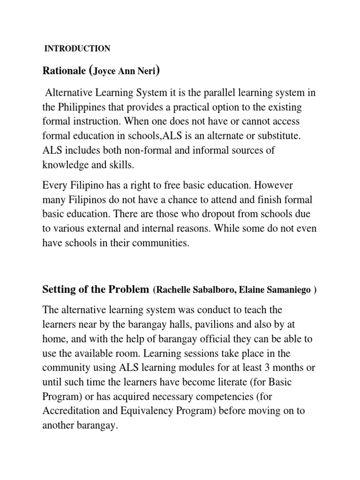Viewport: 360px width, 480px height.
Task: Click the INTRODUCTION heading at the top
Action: (77, 48)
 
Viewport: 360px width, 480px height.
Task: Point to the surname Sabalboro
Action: (211, 290)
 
